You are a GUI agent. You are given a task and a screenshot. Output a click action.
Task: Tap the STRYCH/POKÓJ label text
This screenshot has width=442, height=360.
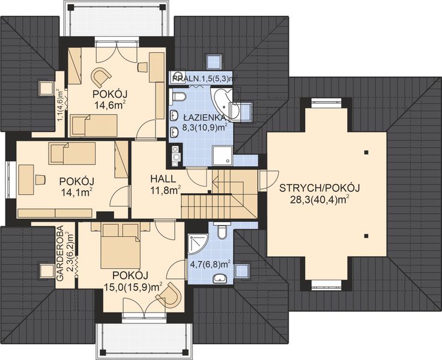319,188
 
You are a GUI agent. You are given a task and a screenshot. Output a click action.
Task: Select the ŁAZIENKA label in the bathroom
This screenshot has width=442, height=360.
204,117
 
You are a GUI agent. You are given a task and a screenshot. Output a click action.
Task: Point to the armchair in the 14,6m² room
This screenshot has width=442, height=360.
100,77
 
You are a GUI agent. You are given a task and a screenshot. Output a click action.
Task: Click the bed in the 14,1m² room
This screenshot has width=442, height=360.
73,153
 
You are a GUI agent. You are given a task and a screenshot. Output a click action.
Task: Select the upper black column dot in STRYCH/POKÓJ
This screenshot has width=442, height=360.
366,152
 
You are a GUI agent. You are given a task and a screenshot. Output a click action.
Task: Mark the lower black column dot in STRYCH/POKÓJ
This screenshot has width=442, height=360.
366,236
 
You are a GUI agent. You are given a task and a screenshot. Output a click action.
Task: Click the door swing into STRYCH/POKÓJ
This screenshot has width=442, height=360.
269,180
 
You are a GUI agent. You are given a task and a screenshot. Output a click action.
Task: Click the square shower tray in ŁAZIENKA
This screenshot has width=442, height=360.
223,156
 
